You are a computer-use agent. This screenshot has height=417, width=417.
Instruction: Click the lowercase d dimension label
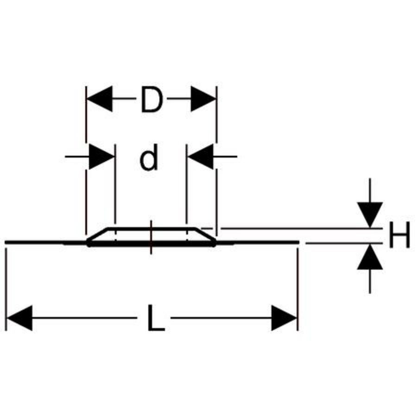coord(149,158)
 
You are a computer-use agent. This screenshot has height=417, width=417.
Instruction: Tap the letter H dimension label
coord(399,235)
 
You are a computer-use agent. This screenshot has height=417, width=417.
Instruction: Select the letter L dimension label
coord(156,318)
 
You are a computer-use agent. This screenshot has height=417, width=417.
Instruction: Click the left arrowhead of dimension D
coord(100,99)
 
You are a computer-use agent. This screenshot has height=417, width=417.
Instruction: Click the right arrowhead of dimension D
coord(203,99)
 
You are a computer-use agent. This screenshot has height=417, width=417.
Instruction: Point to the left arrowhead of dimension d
coord(101,157)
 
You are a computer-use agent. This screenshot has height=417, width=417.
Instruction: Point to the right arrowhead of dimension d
coord(200,157)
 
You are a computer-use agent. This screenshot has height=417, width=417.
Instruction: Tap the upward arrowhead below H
coord(370,257)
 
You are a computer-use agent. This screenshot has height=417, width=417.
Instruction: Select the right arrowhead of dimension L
coord(284,318)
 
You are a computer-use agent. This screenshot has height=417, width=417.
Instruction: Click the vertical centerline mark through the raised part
coord(151,237)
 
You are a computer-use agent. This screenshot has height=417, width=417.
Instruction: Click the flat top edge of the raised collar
coord(151,228)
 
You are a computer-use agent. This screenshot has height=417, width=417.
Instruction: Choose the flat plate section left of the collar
coord(46,242)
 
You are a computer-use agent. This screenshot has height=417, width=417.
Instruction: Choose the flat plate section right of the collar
coord(257,242)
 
